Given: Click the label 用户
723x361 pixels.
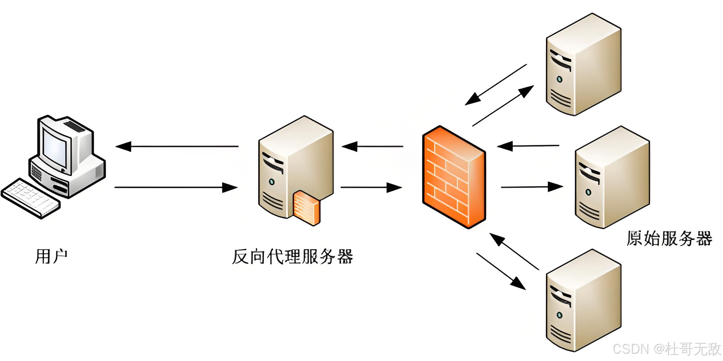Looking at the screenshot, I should [x=51, y=256].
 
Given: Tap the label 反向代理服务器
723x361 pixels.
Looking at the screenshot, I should [x=292, y=256].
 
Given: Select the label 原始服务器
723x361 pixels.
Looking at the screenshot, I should [x=669, y=238].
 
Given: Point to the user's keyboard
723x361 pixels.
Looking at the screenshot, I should [x=31, y=198].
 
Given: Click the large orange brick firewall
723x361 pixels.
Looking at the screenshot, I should [x=453, y=177].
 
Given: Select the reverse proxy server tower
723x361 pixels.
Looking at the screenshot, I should [x=296, y=167].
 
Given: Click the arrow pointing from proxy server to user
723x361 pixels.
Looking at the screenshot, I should [x=176, y=146].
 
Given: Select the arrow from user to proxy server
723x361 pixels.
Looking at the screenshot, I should [x=176, y=187].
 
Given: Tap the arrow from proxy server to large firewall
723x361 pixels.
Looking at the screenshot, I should [x=371, y=187].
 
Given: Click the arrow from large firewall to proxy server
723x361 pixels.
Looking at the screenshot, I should [x=372, y=146].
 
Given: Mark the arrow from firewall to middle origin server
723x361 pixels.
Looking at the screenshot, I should [x=532, y=187].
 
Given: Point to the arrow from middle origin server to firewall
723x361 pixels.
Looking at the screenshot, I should [x=528, y=146].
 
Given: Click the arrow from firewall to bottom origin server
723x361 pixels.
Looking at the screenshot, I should [x=501, y=271].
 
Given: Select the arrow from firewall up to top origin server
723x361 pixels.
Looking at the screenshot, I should [x=503, y=106].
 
